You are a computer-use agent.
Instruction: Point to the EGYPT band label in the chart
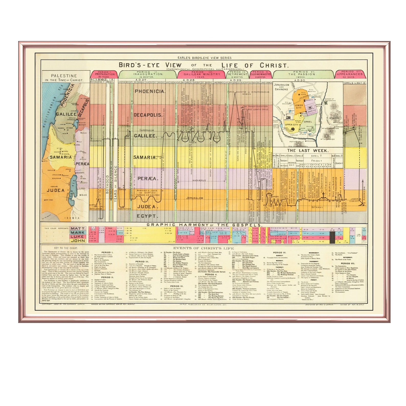(x=146, y=216)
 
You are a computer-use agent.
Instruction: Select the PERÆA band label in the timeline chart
(x=148, y=179)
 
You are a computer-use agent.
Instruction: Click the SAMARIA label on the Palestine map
(x=61, y=157)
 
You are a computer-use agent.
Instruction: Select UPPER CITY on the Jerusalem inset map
(x=292, y=125)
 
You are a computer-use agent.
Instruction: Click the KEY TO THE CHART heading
(x=66, y=248)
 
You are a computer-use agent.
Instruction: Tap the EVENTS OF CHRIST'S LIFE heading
(x=204, y=248)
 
